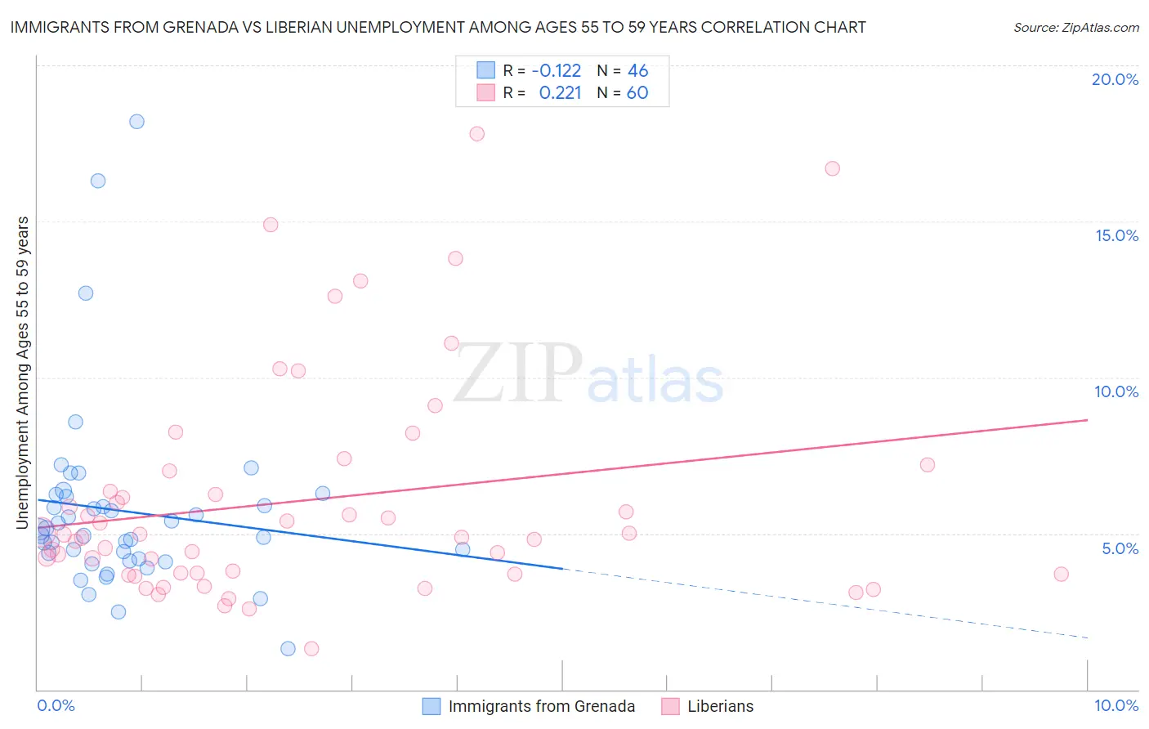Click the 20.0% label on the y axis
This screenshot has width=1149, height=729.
1115,79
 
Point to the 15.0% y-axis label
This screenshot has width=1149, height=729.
1116,235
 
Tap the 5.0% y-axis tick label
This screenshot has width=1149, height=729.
1120,548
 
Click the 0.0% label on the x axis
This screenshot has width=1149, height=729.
56,705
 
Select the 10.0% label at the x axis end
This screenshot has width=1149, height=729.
1115,705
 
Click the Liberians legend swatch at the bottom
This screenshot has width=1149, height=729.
670,706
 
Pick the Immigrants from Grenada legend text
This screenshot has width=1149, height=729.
541,706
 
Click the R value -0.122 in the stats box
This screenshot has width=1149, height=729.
556,71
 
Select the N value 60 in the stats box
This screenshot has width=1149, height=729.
637,93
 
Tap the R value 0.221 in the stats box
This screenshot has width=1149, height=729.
560,93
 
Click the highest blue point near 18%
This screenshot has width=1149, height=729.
136,122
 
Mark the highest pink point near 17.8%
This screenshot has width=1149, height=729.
476,133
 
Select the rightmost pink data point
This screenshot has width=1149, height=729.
1061,574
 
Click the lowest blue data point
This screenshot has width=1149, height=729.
288,649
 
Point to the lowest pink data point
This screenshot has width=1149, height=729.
311,649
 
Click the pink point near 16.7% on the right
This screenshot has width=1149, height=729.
832,168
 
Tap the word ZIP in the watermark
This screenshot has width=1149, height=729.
517,374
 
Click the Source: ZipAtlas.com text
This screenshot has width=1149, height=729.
1075,28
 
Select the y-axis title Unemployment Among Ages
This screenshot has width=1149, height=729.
22,372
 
